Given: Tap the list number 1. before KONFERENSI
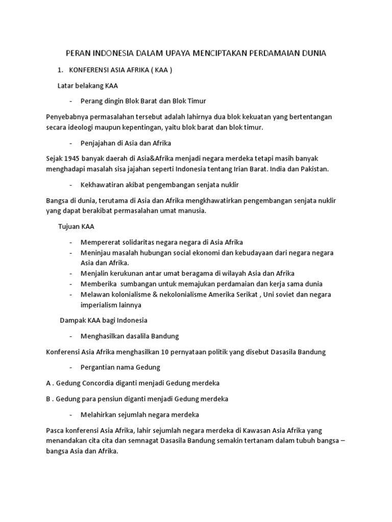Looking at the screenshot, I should click(x=60, y=70).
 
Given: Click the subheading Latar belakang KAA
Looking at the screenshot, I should click(x=88, y=86).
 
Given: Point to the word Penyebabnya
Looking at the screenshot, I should click(x=67, y=117).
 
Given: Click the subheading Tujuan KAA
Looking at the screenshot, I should click(x=76, y=226).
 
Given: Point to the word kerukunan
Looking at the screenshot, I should click(x=125, y=273).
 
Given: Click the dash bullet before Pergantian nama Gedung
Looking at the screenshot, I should click(x=70, y=367).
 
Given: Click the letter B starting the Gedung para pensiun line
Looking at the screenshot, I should click(x=48, y=399).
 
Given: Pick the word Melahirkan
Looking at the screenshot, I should click(x=99, y=414).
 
